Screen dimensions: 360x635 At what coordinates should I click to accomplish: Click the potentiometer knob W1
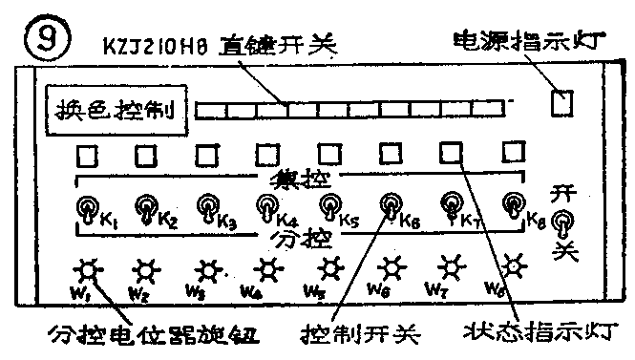(x=90, y=269)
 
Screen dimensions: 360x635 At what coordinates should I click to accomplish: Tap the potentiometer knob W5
(x=329, y=268)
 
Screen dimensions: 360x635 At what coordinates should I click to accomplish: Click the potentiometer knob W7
(x=452, y=266)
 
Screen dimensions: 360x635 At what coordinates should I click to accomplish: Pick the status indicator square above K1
(x=86, y=154)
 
